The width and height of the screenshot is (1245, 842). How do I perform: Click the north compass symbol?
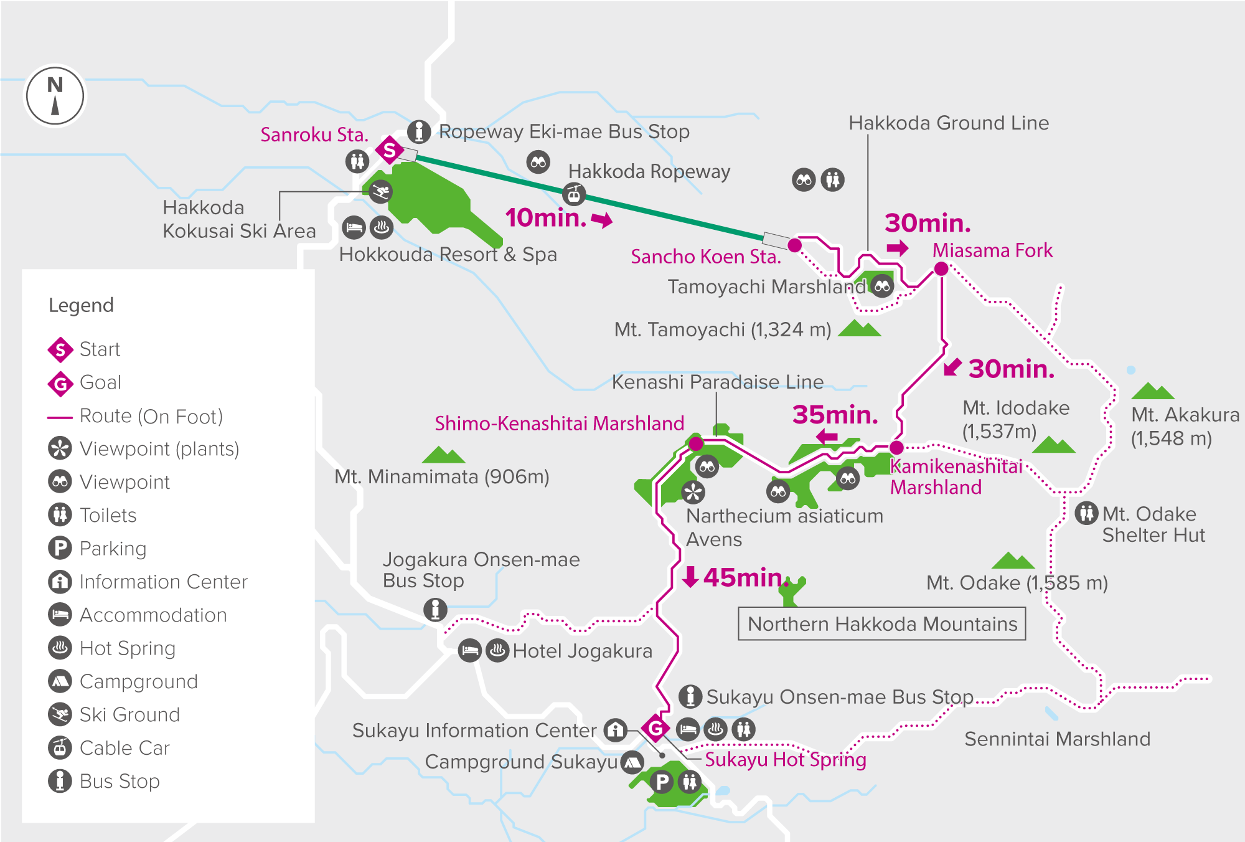55,97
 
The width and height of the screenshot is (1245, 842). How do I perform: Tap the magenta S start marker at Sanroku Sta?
390,150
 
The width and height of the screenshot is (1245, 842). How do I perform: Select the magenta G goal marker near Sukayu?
655,727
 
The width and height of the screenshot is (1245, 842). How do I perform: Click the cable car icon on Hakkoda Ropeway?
574,194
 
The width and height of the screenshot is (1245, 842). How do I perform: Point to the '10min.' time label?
546,218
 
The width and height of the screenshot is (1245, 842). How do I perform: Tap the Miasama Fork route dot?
941,268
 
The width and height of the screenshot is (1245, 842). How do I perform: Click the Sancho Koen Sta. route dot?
794,245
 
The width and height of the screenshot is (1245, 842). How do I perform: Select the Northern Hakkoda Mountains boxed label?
881,623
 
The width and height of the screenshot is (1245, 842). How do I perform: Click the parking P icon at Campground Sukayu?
662,782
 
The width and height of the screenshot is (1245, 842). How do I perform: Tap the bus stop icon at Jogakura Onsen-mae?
435,608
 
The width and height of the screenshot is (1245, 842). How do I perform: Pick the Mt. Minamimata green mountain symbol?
443,455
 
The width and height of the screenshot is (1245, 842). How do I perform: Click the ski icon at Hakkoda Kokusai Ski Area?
380,191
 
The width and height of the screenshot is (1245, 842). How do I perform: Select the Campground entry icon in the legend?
60,681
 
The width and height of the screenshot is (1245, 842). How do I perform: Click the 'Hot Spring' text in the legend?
128,648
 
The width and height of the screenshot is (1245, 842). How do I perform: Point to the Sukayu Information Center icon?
615,729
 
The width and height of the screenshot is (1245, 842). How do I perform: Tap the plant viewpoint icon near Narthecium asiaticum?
693,492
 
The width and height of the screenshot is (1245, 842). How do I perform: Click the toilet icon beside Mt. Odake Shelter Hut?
1086,513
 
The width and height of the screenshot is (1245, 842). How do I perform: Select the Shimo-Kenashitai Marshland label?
559,423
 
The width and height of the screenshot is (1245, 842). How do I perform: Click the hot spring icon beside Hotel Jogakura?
497,651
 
